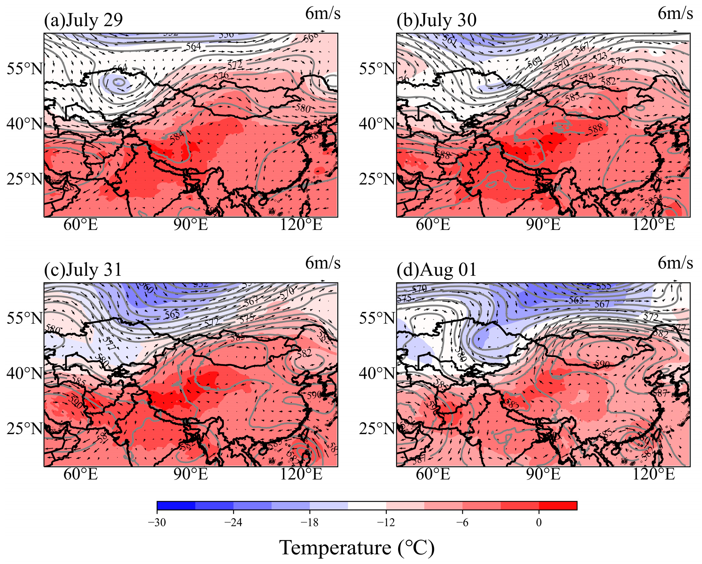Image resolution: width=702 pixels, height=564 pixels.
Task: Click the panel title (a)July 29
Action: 83,20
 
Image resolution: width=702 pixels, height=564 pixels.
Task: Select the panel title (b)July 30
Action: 436,20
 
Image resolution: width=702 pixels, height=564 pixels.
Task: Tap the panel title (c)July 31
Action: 83,270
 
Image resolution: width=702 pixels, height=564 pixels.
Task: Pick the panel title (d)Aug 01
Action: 436,270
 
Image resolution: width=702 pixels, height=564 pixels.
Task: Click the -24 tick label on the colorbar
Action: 233,522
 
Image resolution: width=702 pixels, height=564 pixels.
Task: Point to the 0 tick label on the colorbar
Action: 538,522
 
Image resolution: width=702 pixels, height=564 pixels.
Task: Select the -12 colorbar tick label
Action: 386,522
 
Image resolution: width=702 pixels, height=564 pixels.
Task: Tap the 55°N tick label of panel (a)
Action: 25,69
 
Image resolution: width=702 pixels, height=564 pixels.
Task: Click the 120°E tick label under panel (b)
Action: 653,224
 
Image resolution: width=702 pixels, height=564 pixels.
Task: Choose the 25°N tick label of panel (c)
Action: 25,429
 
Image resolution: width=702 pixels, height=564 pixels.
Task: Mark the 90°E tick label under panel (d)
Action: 543,474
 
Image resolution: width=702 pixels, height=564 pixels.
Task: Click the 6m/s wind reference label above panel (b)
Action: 675,14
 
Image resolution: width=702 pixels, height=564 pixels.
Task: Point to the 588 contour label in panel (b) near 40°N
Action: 595,129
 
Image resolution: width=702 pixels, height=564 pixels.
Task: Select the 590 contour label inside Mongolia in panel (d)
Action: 602,364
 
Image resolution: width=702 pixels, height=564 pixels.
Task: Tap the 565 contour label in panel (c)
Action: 172,314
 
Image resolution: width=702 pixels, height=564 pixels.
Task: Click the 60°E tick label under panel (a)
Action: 81,224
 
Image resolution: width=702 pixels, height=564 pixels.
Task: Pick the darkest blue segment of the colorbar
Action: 176,506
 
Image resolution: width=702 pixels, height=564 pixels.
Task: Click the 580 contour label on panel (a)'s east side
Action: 303,108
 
